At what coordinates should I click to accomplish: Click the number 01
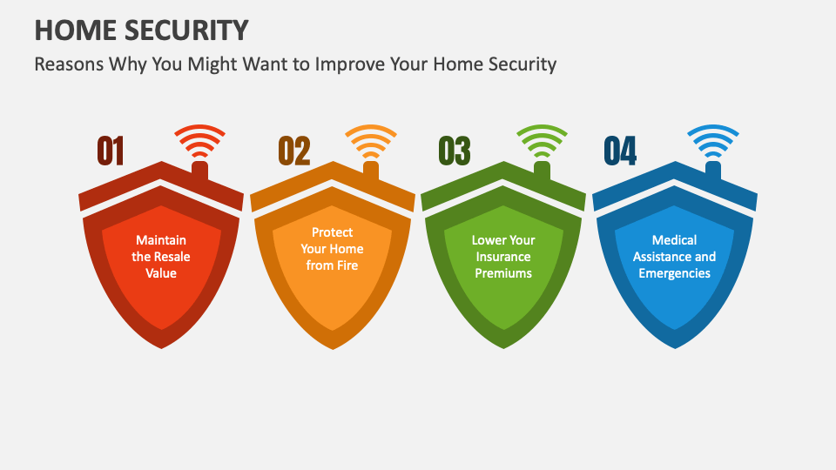pyautogui.click(x=111, y=151)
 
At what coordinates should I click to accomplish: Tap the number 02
pyautogui.click(x=294, y=151)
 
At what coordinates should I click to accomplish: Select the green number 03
pyautogui.click(x=455, y=151)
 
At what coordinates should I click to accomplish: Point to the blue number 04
pyautogui.click(x=620, y=151)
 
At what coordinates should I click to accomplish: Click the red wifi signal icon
pyautogui.click(x=200, y=142)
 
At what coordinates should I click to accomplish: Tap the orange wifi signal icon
pyautogui.click(x=371, y=142)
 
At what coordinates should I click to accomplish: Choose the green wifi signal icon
pyautogui.click(x=542, y=142)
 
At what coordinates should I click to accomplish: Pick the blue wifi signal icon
pyautogui.click(x=713, y=142)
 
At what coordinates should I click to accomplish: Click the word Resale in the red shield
pyautogui.click(x=172, y=257)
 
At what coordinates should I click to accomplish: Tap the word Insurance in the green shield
pyautogui.click(x=503, y=257)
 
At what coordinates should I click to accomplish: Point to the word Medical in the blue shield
pyautogui.click(x=675, y=240)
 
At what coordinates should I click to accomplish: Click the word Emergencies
pyautogui.click(x=675, y=273)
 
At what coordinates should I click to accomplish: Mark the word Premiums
pyautogui.click(x=503, y=273)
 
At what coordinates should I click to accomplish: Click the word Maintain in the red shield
pyautogui.click(x=161, y=240)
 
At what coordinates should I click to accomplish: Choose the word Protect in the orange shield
pyautogui.click(x=333, y=232)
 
